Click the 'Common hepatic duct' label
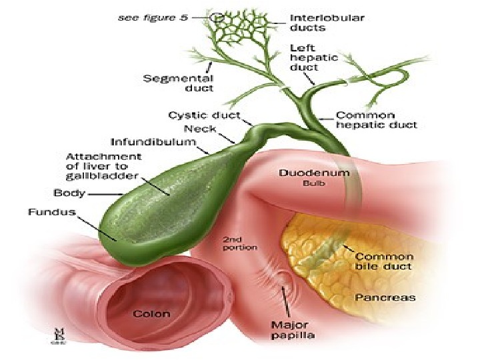[x=377, y=119]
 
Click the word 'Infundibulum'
[x=152, y=142]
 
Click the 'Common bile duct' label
[x=385, y=261]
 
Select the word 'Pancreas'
[x=385, y=297]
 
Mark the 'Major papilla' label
[x=291, y=330]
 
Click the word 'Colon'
[x=152, y=313]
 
